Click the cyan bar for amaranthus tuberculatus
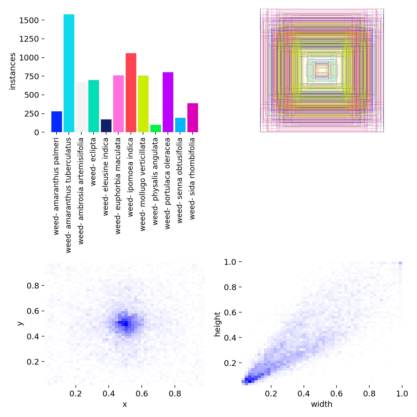tap(69, 73)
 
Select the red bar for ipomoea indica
tap(131, 93)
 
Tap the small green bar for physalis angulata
tap(156, 128)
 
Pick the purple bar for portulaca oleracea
tap(168, 102)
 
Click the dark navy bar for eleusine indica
tap(106, 126)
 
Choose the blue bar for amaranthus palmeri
tap(57, 122)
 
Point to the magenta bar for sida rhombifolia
tap(193, 118)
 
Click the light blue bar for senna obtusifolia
tap(180, 125)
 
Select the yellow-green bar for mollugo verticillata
tap(143, 104)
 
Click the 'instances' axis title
tap(13, 71)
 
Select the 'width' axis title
tap(322, 404)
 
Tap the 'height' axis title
tap(217, 324)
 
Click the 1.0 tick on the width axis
tap(402, 394)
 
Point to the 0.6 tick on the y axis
tap(33, 311)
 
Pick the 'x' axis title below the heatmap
tap(125, 404)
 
